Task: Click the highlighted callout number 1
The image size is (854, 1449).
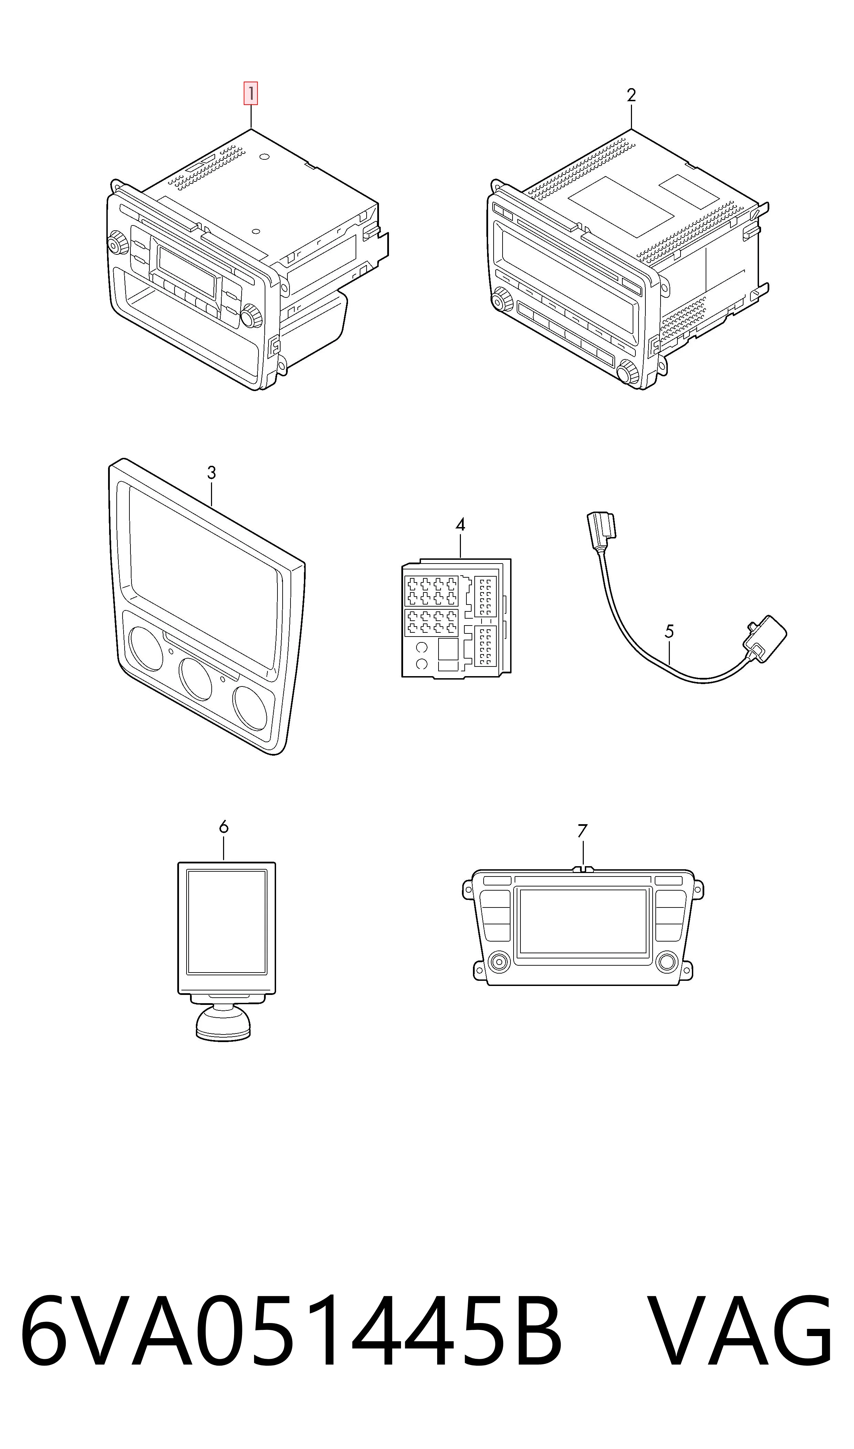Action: pyautogui.click(x=251, y=94)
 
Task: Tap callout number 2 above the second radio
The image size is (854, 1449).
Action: pyautogui.click(x=631, y=95)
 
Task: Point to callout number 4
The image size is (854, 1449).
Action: pyautogui.click(x=460, y=525)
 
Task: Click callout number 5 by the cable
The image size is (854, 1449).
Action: pyautogui.click(x=669, y=631)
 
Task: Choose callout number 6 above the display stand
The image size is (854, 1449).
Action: pyautogui.click(x=224, y=827)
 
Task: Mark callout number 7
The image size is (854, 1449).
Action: pyautogui.click(x=582, y=831)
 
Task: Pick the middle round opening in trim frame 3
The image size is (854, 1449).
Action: pyautogui.click(x=196, y=679)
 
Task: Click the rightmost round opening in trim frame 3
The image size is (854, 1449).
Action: pyautogui.click(x=250, y=708)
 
